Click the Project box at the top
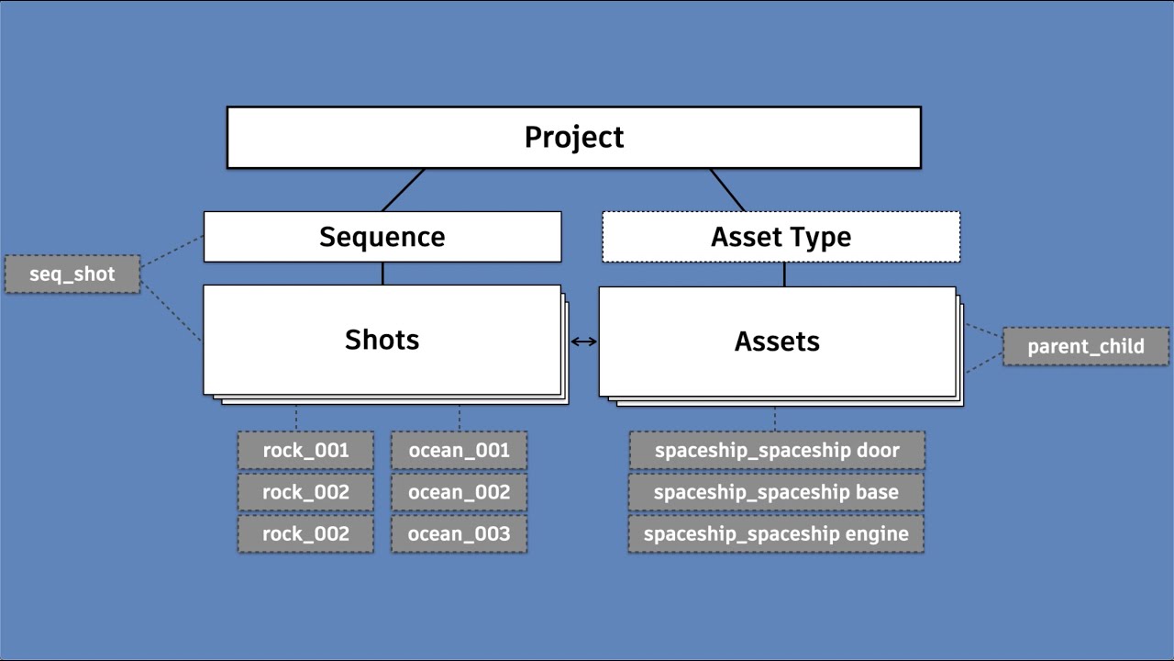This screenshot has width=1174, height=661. click(573, 138)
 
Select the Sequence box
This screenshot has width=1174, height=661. click(382, 237)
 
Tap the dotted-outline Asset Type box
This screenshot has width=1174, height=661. click(781, 237)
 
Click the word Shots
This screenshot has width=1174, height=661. click(382, 340)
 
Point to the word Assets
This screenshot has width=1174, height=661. click(776, 342)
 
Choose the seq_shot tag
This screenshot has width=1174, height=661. click(72, 274)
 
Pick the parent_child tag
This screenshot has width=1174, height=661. click(1085, 346)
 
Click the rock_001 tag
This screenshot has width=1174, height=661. click(305, 450)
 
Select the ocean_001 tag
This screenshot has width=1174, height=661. click(459, 450)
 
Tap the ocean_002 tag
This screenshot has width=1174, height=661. click(459, 492)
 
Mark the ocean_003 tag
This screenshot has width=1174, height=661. click(459, 533)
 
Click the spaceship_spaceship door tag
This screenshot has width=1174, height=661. click(776, 450)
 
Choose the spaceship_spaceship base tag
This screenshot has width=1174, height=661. click(776, 492)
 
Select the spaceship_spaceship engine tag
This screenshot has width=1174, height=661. click(776, 533)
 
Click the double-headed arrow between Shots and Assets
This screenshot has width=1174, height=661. click(583, 342)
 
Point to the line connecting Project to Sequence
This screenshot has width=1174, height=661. click(404, 190)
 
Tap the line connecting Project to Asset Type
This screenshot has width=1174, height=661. click(727, 190)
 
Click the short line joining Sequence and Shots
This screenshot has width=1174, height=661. click(382, 274)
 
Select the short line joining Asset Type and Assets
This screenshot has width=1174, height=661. click(784, 274)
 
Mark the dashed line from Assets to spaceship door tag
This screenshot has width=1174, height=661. click(775, 419)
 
